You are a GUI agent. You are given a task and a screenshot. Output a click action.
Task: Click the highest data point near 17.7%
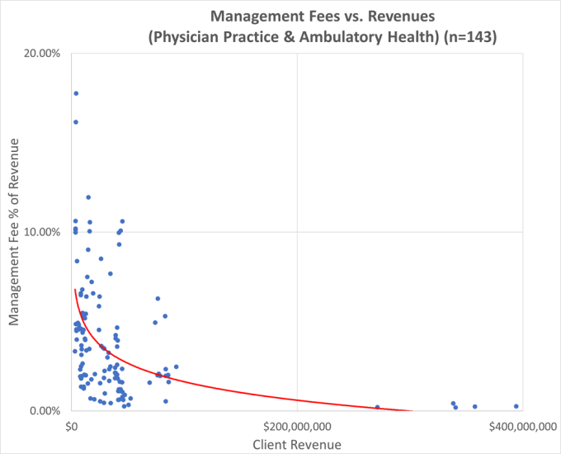pos(76,93)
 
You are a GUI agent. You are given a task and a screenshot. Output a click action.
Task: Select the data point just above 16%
pos(75,122)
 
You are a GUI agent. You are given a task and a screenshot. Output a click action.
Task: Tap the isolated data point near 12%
pos(88,197)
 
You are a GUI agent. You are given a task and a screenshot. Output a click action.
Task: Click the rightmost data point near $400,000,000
pos(516,406)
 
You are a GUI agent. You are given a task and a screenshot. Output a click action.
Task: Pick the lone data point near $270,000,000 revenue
pos(377,407)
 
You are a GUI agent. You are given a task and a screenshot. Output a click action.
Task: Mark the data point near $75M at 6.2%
pos(158,299)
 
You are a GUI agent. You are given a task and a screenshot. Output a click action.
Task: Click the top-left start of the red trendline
pos(75,290)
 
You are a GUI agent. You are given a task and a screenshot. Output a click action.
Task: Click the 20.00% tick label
pos(42,53)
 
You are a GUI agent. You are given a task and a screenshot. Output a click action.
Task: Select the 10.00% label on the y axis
pos(42,232)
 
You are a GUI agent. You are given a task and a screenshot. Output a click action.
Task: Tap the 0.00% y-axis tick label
pos(45,411)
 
